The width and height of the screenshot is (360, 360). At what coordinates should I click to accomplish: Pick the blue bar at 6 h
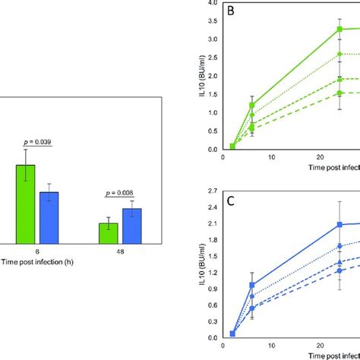[49, 217]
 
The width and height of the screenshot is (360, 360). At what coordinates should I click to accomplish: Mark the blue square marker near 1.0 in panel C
[253, 285]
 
